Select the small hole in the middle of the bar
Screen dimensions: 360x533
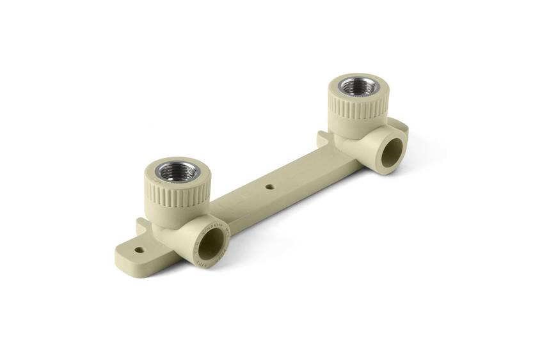270,187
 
